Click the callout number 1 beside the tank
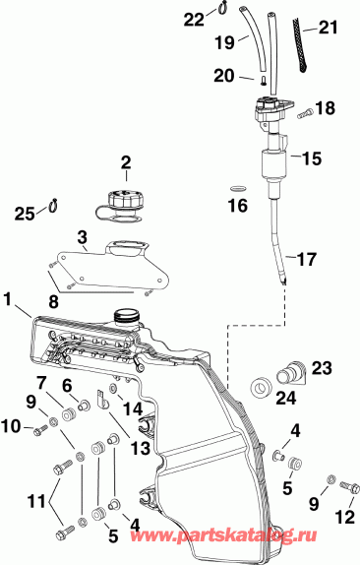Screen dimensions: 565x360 coord(8,296)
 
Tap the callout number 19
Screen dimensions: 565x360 coord(225,43)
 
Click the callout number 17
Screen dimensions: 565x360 coord(308,260)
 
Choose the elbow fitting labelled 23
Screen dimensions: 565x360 coord(292,374)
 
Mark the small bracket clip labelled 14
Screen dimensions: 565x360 coord(103,402)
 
